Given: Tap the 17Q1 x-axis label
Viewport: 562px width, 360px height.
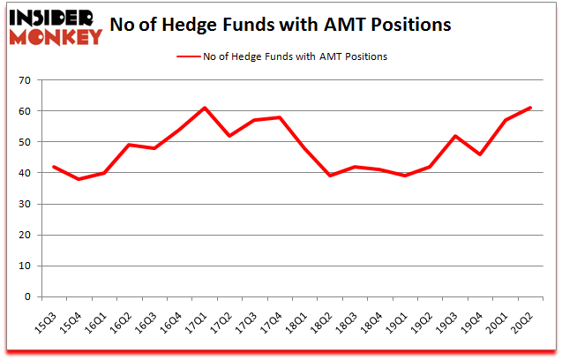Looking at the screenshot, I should (x=202, y=318).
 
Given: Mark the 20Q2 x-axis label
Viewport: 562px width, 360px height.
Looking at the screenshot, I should (x=528, y=318).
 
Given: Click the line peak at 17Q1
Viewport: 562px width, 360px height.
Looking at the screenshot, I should (x=205, y=108).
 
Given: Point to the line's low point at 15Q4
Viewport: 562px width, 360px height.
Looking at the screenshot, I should (x=79, y=179).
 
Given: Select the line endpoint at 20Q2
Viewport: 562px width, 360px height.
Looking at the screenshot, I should (x=530, y=108).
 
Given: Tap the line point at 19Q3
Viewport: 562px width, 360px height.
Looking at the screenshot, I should (x=455, y=136).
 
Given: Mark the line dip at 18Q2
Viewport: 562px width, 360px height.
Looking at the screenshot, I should (x=330, y=176).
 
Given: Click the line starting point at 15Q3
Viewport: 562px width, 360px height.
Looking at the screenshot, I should (x=55, y=167).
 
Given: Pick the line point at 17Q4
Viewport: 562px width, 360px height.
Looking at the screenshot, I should (x=280, y=117).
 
